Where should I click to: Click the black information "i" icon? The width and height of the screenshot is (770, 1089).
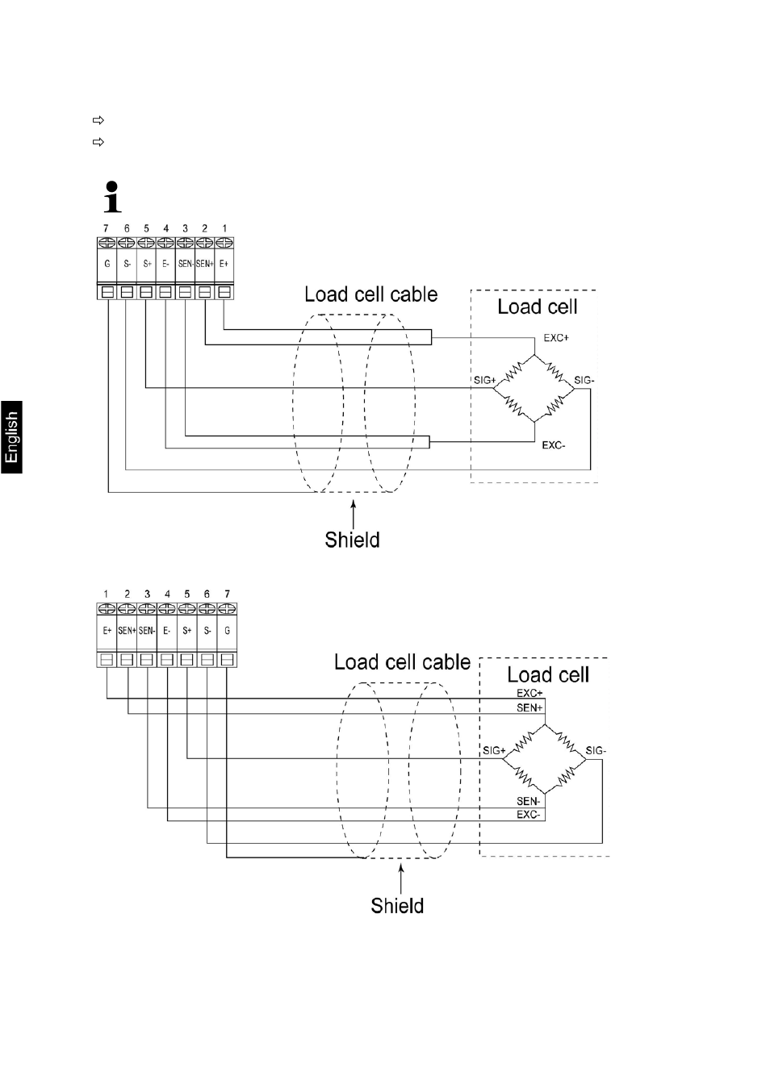click(x=113, y=196)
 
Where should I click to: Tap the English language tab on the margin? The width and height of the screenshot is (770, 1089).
click(x=11, y=436)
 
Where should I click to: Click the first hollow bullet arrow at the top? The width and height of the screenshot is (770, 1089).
click(x=99, y=121)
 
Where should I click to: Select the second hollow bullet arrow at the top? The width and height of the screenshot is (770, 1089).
click(x=99, y=143)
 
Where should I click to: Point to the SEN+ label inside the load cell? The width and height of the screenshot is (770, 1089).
click(x=529, y=707)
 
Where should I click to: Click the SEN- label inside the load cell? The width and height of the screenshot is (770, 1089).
click(x=529, y=801)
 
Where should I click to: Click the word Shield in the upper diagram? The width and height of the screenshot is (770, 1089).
click(x=352, y=540)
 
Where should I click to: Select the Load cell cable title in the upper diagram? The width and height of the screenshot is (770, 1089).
click(x=370, y=294)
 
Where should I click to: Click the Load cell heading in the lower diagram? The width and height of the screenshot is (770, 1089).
click(x=547, y=674)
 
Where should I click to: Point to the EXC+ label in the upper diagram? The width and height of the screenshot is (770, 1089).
click(x=555, y=338)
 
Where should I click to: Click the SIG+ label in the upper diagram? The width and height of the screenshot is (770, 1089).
click(x=484, y=380)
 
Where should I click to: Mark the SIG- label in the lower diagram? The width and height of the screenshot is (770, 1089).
click(x=596, y=751)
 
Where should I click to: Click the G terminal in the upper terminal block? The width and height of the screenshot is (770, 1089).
click(x=107, y=263)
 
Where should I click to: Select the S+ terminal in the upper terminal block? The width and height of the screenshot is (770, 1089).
click(x=147, y=263)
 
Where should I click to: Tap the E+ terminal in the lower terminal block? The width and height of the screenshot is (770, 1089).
click(x=107, y=630)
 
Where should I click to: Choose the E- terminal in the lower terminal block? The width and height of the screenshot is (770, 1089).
click(x=167, y=630)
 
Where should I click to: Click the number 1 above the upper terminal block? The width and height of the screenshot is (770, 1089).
click(x=224, y=228)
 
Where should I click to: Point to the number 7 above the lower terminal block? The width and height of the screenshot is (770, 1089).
click(x=227, y=594)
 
